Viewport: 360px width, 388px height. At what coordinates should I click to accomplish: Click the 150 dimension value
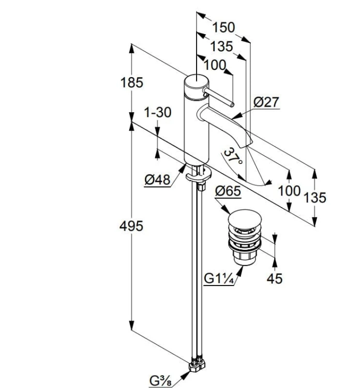[x=223, y=27]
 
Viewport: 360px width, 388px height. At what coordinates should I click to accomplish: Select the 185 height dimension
[x=131, y=82]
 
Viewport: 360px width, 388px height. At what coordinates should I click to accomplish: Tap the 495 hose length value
[x=131, y=226]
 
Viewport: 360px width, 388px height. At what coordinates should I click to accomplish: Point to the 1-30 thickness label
[x=158, y=112]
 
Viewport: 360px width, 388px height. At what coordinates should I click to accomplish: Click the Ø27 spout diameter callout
[x=266, y=102]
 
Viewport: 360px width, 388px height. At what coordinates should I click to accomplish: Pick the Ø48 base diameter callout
[x=158, y=180]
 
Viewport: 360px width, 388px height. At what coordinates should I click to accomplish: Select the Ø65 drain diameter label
[x=228, y=191]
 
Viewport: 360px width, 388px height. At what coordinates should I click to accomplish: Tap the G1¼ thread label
[x=219, y=279]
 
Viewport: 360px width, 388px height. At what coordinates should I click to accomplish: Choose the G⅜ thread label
[x=160, y=381]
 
